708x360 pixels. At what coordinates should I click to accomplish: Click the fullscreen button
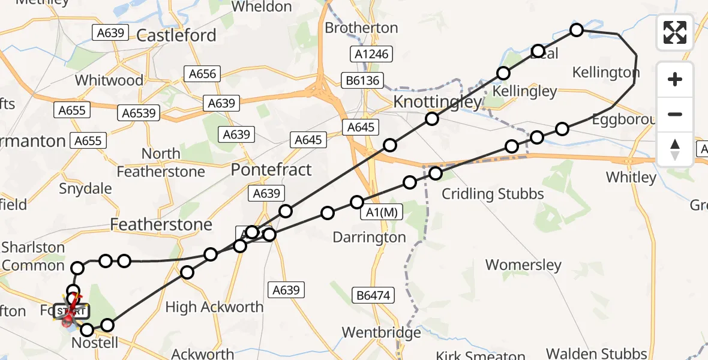tap(675, 32)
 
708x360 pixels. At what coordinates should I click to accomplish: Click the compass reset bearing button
tap(675, 149)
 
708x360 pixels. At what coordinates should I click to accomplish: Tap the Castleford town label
tap(176, 35)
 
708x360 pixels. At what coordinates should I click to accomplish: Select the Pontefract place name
tap(272, 170)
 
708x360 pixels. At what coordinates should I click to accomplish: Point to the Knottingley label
tap(437, 102)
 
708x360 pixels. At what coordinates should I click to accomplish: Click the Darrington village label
tap(370, 238)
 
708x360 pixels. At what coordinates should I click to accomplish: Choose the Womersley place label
tap(523, 265)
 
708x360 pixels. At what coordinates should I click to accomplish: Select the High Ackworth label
tap(214, 307)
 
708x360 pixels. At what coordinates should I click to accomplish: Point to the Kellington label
tap(606, 73)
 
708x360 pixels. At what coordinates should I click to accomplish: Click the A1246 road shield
tap(372, 54)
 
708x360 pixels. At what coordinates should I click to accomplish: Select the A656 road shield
tap(202, 74)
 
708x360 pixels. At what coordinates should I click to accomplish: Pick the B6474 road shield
tap(373, 295)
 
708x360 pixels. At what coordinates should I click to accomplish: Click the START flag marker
tap(71, 311)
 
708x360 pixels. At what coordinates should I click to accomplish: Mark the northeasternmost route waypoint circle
tap(577, 29)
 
